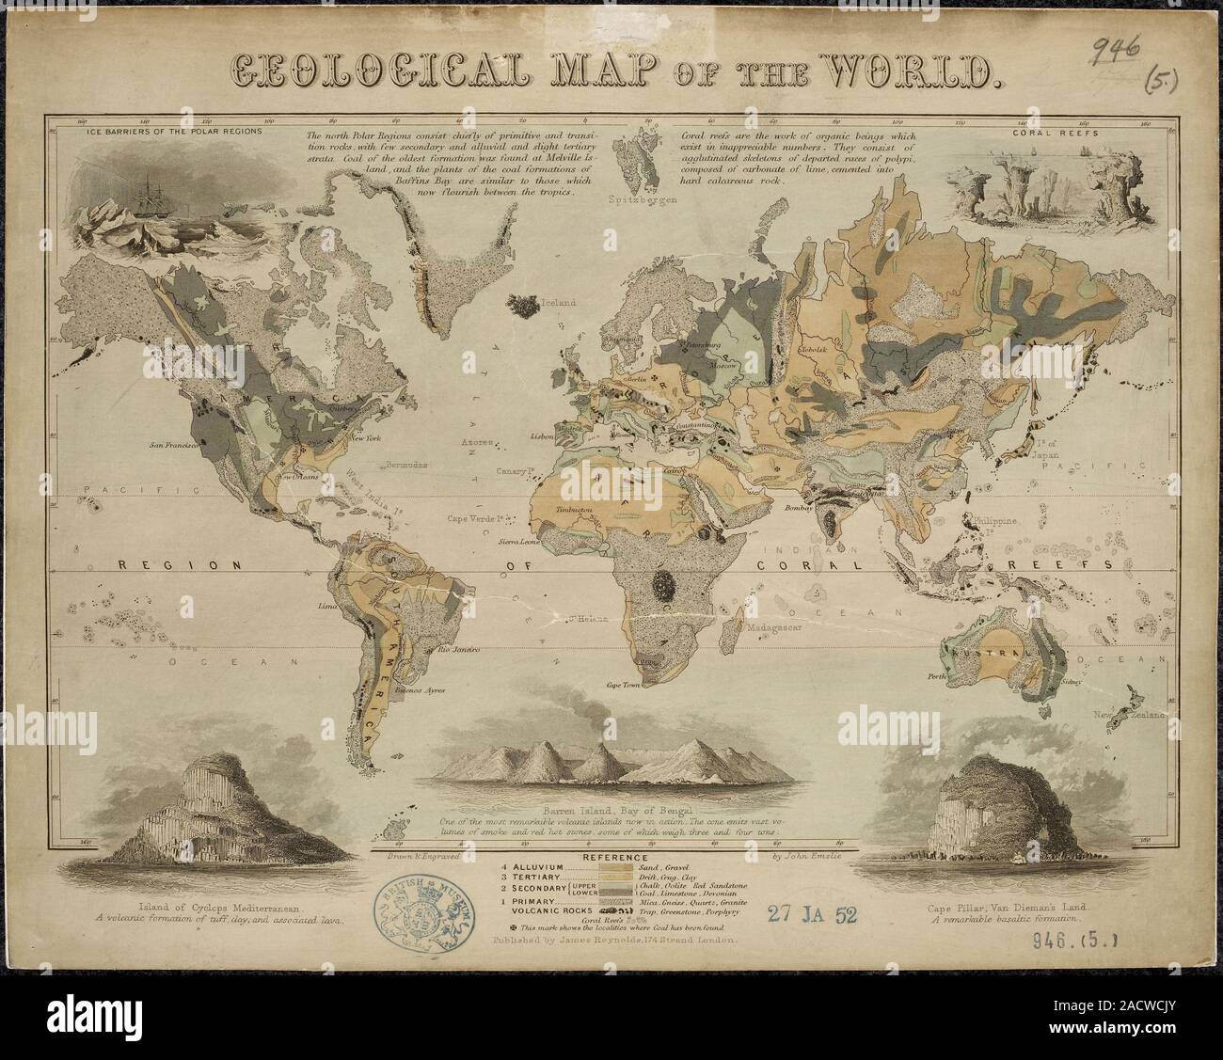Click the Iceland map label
pos(557,303)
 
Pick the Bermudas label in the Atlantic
pos(406,465)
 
